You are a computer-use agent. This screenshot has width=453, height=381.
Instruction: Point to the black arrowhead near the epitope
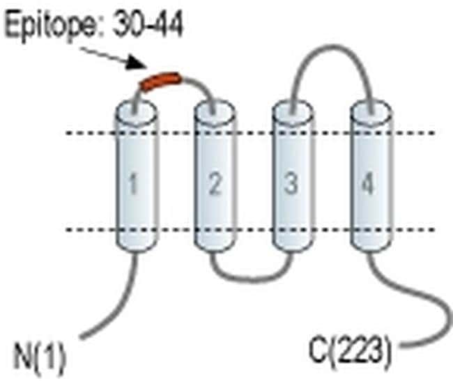coord(136,63)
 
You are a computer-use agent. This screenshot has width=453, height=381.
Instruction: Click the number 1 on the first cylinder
coord(133,183)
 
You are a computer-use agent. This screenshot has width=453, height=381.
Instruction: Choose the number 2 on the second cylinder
coord(215,183)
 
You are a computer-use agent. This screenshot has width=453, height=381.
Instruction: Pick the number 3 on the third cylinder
coord(291,183)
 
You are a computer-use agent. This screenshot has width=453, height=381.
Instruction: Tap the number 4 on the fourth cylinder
coord(368,183)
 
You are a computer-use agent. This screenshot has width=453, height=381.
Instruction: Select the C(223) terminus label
coord(351,353)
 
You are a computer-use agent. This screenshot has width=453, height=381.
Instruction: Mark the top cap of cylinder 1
coord(137,112)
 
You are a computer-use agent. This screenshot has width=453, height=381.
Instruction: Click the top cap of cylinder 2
coord(215,112)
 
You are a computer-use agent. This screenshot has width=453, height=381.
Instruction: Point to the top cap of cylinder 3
coord(293,112)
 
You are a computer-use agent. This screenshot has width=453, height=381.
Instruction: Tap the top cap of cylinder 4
coord(371,112)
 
